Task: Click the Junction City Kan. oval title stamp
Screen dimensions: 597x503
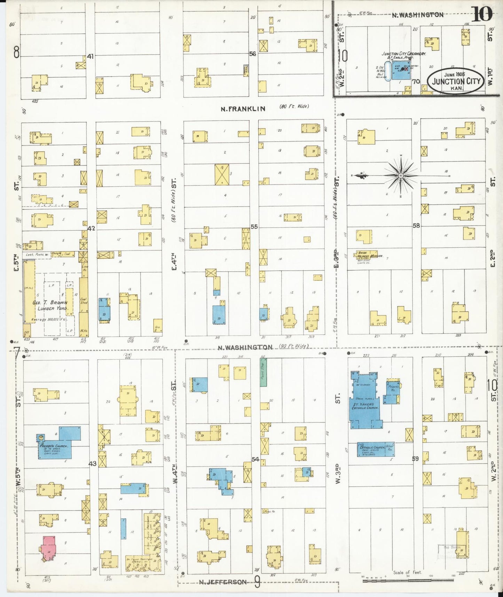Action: click(456, 81)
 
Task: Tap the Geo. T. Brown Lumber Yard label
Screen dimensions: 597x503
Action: click(50, 305)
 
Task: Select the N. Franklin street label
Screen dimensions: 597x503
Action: click(243, 109)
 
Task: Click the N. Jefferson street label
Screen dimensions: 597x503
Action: click(223, 582)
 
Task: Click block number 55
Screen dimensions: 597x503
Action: click(254, 227)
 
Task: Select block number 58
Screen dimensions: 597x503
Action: click(416, 225)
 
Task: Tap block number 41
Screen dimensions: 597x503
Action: click(91, 56)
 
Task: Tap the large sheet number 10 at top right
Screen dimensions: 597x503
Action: click(482, 14)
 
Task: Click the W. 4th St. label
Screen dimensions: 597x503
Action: click(176, 474)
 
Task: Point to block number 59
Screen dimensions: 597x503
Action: click(415, 459)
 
